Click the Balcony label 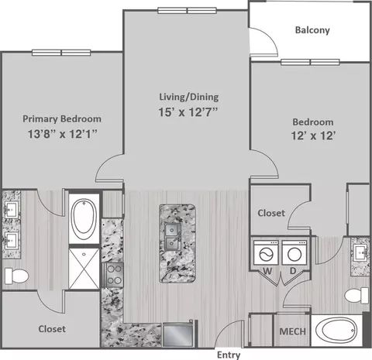coord(312,30)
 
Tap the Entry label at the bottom coord(229,355)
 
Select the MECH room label coord(292,331)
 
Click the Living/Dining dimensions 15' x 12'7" coord(188,112)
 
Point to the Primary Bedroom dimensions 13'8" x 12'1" coord(62,134)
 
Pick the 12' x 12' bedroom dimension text coord(313,135)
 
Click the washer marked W coord(266,252)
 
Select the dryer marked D coord(294,252)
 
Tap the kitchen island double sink coord(173,237)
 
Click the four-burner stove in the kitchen coord(114,275)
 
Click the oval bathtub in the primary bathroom coord(84,219)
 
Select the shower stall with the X coord(84,269)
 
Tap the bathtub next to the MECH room coord(336,331)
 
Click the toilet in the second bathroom coord(356,295)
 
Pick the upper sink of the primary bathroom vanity coord(12,210)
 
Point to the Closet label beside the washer coord(271,213)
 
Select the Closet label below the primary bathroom coord(52,329)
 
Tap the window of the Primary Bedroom coord(61,53)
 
